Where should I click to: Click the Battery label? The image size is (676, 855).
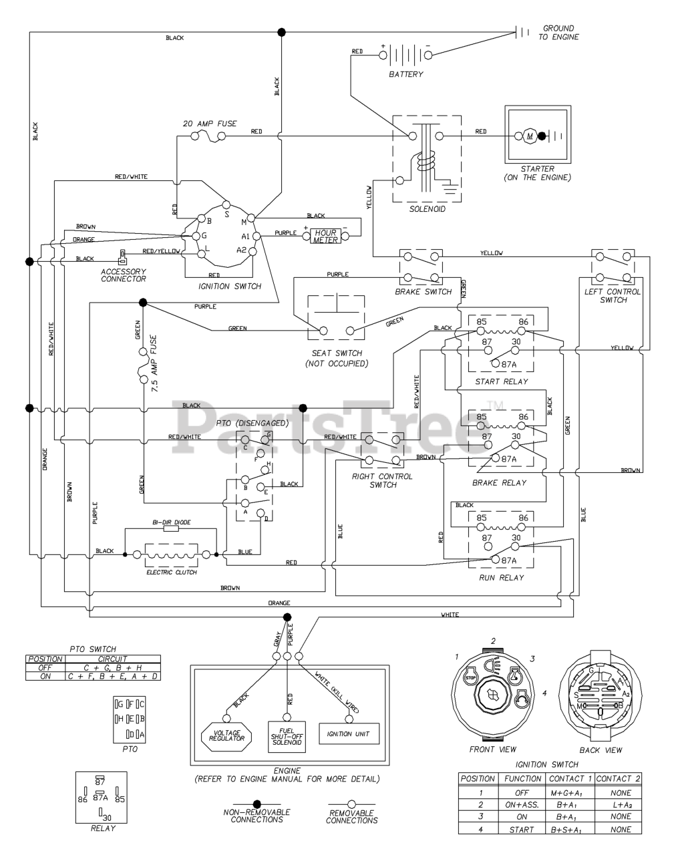pos(405,74)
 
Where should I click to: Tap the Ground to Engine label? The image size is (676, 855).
pos(558,33)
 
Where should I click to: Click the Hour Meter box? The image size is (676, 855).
pos(325,236)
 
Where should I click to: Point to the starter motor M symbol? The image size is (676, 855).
pos(530,136)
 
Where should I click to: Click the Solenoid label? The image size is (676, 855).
pos(427,209)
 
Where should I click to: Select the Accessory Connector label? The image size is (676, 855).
pos(124,275)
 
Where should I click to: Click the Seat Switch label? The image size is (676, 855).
pos(337,358)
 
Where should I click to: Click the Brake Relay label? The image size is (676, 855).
pos(499,482)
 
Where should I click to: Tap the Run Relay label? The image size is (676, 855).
pos(501,577)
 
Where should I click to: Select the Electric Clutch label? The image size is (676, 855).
pos(172,572)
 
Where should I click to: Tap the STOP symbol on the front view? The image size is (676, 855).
pos(469,678)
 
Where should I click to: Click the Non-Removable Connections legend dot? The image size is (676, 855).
pos(257,804)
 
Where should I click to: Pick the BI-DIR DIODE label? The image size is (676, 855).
pos(172,521)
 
